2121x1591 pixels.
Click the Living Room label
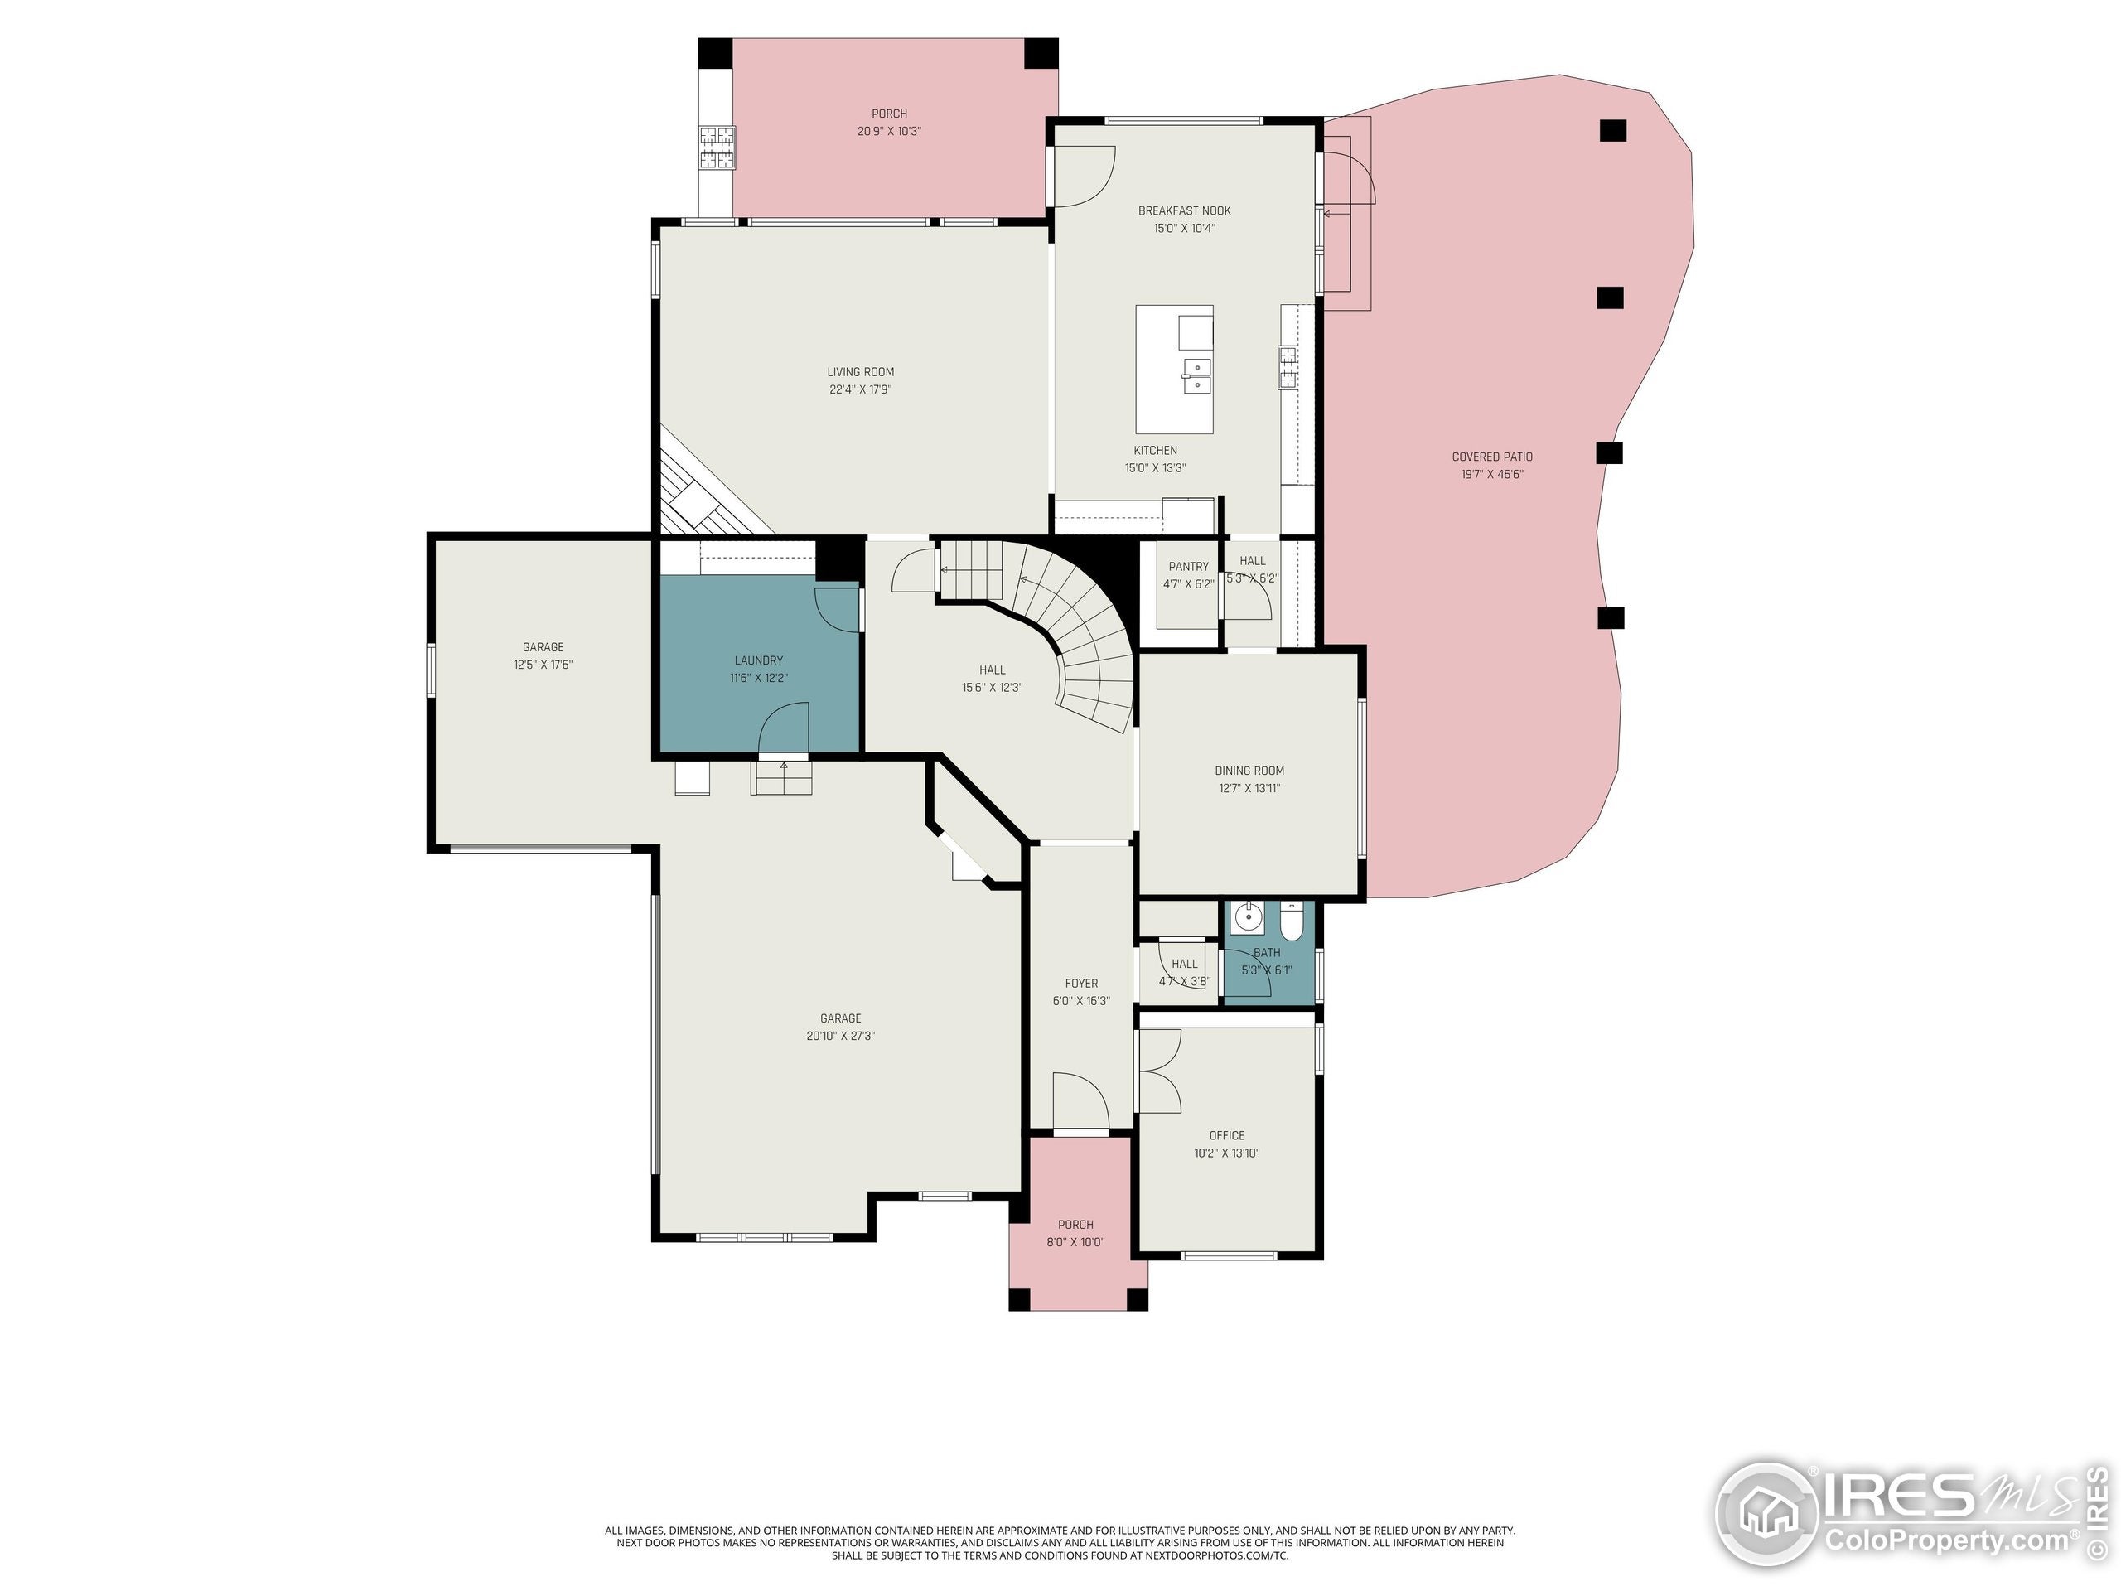coord(860,372)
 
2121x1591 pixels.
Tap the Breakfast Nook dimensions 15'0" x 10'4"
coord(1184,228)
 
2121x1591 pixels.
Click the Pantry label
coord(1188,567)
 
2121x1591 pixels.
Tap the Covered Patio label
coord(1491,457)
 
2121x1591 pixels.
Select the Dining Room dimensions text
coord(1249,788)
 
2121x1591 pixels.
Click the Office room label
coord(1226,1135)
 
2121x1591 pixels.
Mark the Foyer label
coord(1080,983)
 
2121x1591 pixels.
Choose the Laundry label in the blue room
coord(758,660)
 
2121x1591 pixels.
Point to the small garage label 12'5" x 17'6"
coord(543,665)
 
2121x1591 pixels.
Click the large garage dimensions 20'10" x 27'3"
coord(840,1036)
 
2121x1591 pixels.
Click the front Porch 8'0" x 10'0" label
coord(1075,1225)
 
